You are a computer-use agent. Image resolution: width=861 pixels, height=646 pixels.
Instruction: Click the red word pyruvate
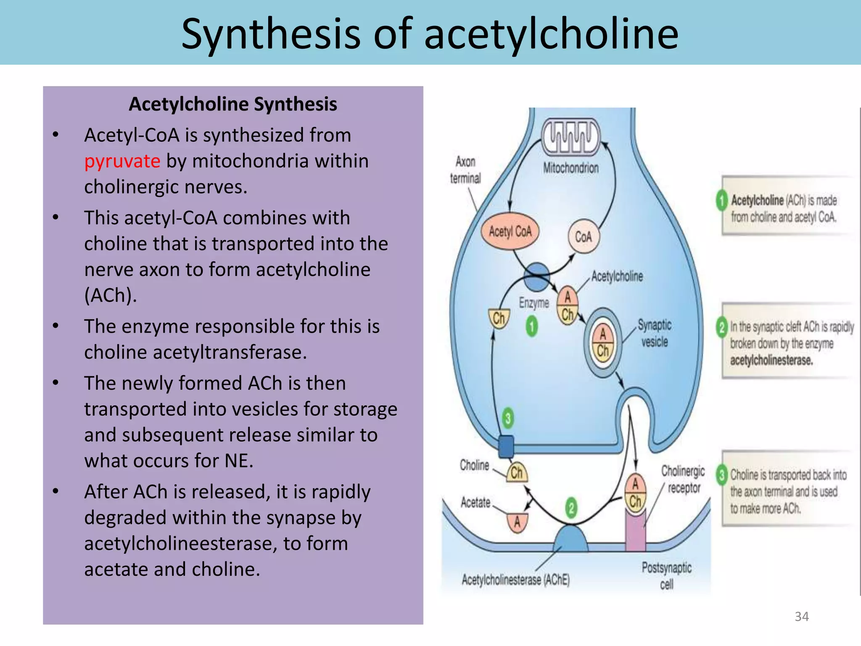pos(122,161)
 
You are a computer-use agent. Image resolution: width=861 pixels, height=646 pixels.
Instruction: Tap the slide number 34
pos(801,617)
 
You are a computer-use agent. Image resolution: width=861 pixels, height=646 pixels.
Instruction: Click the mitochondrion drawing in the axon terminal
pos(570,137)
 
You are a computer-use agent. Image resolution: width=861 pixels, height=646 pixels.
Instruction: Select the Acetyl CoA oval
pos(510,231)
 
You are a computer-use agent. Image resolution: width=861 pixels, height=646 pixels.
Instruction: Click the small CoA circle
pos(584,237)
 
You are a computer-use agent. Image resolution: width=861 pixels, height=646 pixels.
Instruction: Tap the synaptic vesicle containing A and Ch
pos(603,342)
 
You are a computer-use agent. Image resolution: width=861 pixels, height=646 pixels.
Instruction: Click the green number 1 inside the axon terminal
pos(532,327)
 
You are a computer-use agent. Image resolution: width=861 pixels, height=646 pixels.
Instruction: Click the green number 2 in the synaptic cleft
pos(571,508)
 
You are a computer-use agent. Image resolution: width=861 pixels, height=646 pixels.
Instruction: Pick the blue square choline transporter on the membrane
pos(506,447)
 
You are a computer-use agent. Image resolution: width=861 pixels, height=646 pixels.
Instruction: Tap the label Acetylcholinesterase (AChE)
pos(515,580)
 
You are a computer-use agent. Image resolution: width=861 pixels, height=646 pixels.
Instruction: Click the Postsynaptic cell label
pos(666,575)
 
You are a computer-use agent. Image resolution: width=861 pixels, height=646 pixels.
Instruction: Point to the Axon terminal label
pos(465,170)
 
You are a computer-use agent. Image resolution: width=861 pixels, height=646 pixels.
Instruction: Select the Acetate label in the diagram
pos(475,503)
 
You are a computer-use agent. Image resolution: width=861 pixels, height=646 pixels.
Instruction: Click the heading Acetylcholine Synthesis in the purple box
pos(232,104)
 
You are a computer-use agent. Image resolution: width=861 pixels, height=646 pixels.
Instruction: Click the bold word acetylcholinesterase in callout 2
pos(771,360)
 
